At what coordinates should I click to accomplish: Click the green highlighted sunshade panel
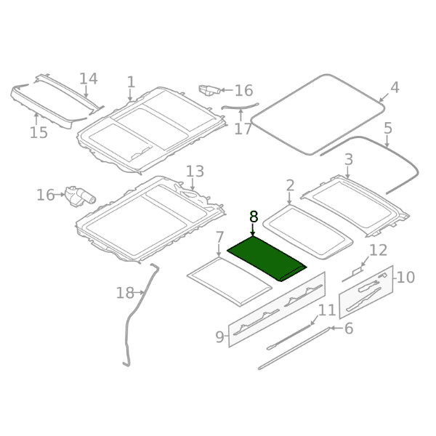pos(267,259)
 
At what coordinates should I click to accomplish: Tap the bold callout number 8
pos(254,217)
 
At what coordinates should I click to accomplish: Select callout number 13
pos(195,171)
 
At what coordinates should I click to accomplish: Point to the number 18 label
pos(125,293)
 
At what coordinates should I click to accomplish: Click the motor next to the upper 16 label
pos(209,90)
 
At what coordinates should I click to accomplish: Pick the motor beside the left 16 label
pos(80,196)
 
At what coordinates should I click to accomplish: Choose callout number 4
pos(395,88)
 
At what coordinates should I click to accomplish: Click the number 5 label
pos(388,129)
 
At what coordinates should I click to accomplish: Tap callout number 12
pos(378,250)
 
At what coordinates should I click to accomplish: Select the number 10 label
pos(405,278)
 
